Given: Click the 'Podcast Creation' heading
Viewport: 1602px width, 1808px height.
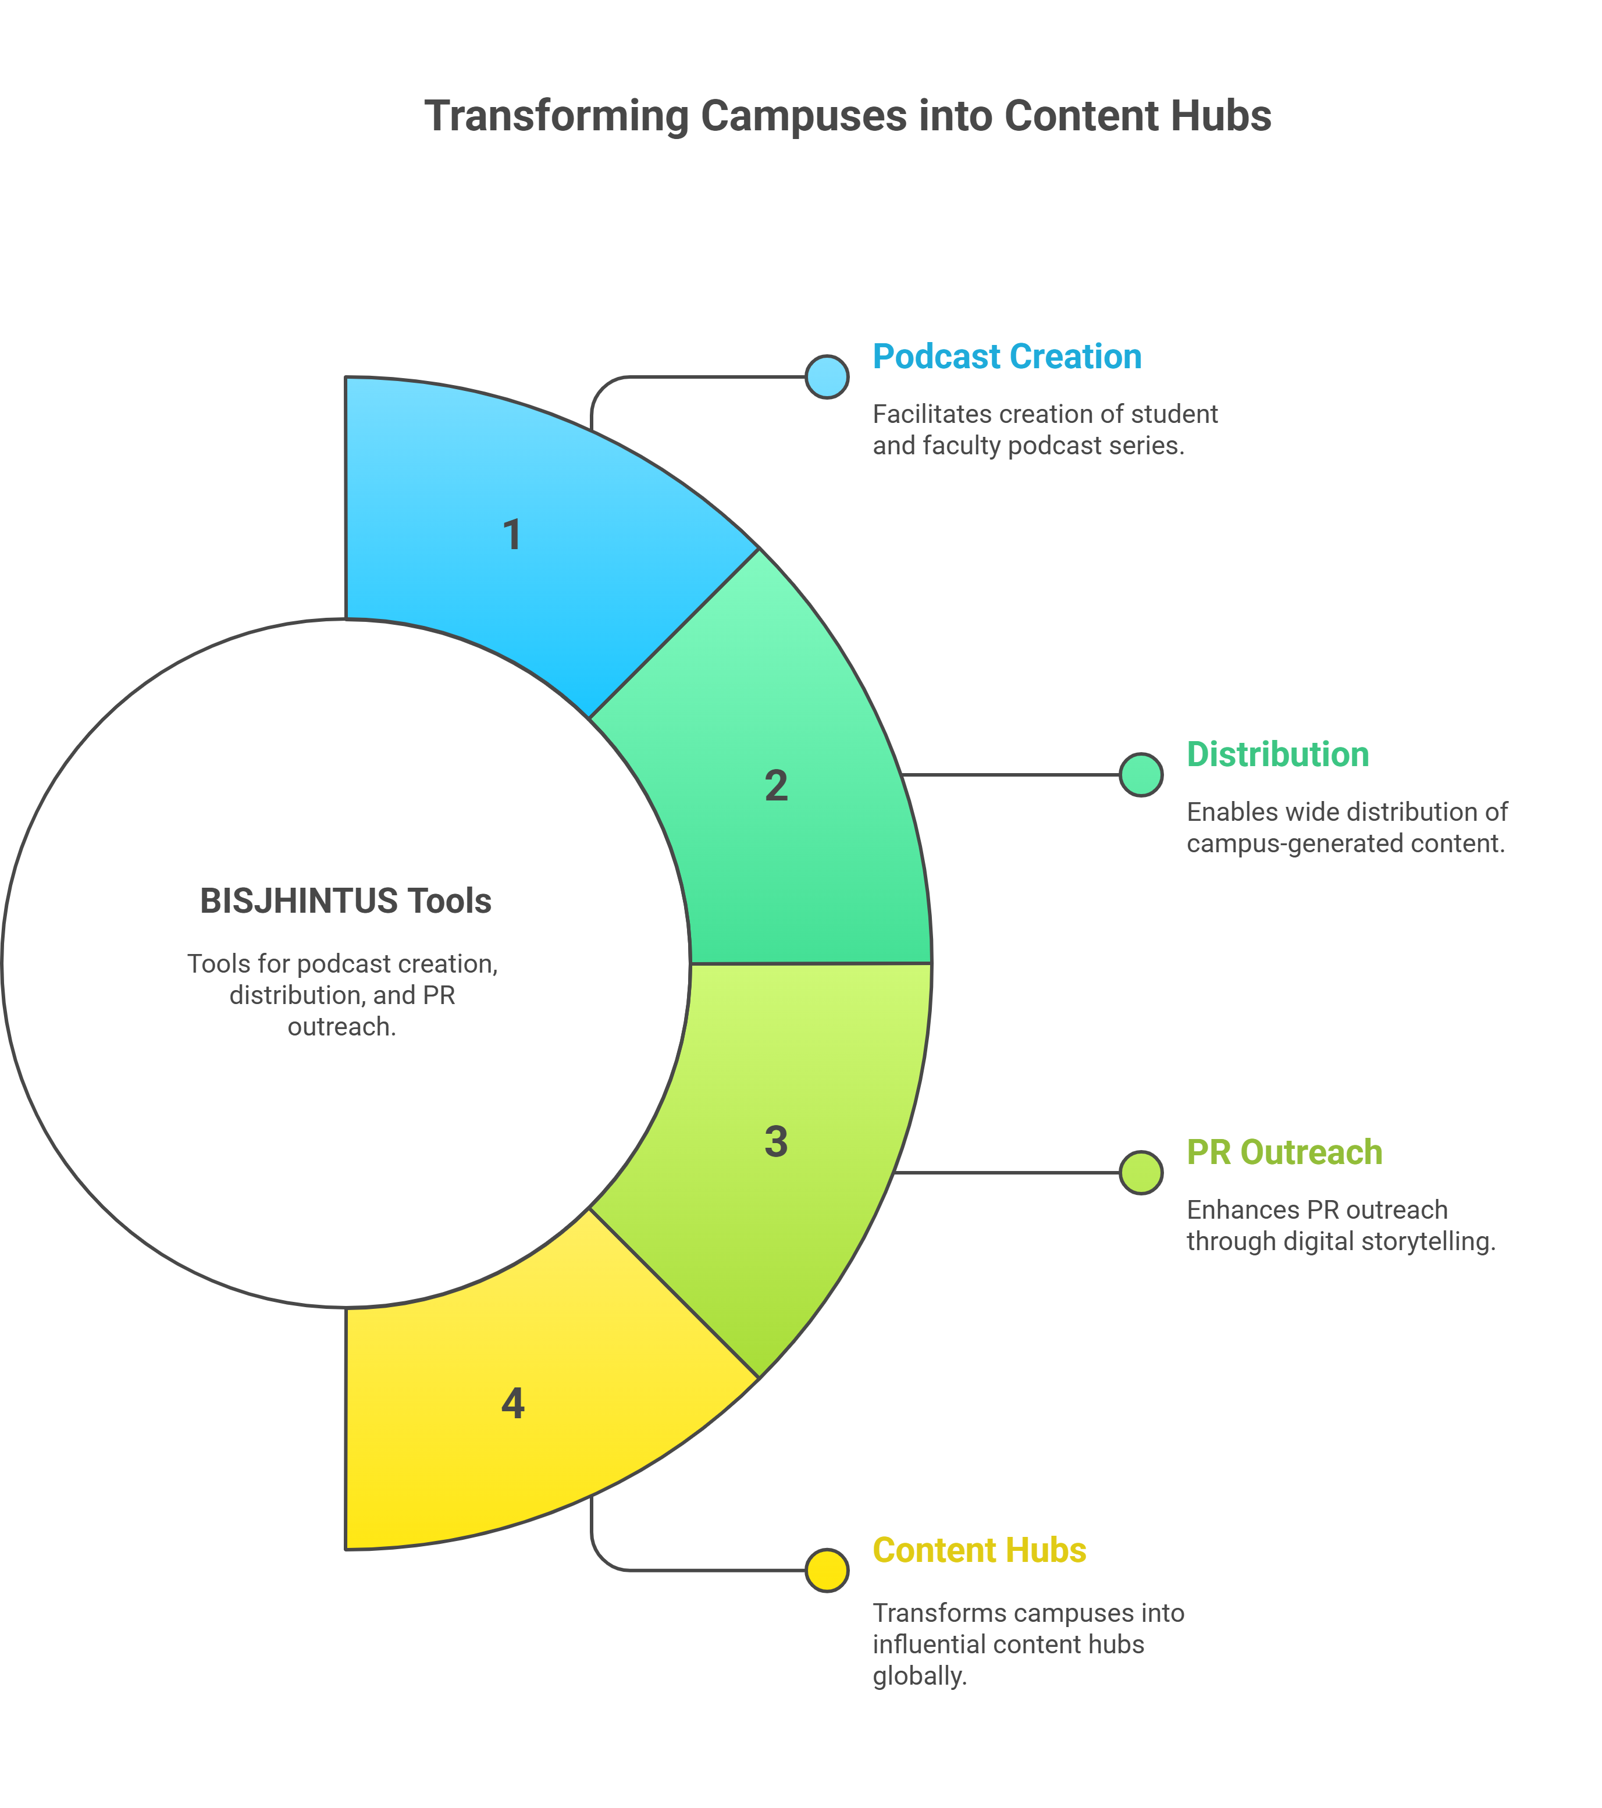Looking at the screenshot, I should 1007,357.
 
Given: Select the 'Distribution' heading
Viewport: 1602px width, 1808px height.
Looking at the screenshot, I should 1277,754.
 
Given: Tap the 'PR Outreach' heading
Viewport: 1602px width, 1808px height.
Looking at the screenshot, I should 1284,1152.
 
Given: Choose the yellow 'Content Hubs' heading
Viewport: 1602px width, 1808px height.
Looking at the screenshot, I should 979,1551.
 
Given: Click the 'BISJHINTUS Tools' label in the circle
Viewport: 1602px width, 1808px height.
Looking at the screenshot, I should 345,901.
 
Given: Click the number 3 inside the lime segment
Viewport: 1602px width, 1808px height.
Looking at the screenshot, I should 776,1142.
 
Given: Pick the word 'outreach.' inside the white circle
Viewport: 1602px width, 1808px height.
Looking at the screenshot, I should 341,1027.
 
